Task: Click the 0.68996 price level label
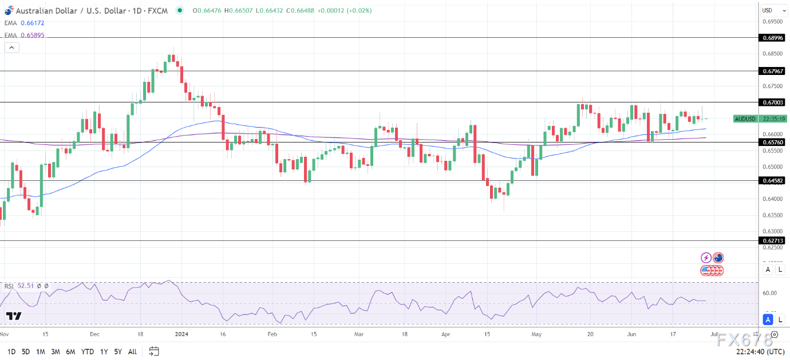pos(773,37)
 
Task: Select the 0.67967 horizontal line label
pos(773,71)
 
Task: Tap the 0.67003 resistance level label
pos(773,102)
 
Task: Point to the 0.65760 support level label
pos(773,142)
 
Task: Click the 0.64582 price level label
pos(773,180)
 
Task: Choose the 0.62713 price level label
pos(773,241)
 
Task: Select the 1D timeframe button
pos(11,351)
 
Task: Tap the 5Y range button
pos(117,351)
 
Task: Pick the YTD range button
pos(88,351)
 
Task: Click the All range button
pos(132,351)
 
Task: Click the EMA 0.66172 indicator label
pos(23,23)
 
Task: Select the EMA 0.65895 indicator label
pos(23,35)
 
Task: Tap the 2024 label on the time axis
pos(181,334)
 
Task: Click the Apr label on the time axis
pos(447,334)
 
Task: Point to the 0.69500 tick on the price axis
pos(772,21)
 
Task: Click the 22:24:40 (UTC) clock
pos(760,351)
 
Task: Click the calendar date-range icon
pos(154,351)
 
